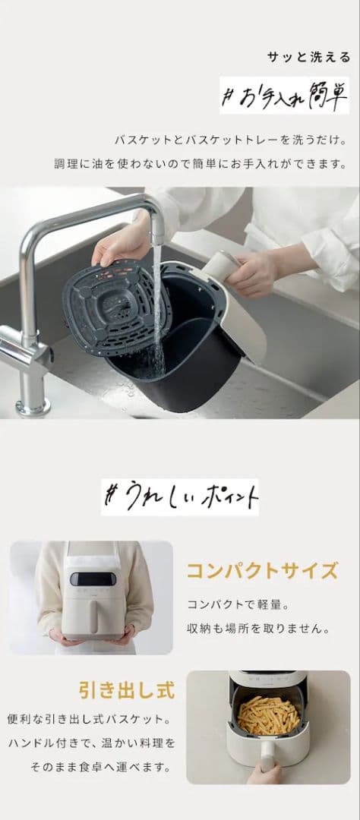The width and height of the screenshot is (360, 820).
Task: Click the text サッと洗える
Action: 308,58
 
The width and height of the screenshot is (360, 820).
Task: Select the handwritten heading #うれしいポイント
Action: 180,497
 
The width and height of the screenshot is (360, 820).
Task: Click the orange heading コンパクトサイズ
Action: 262,570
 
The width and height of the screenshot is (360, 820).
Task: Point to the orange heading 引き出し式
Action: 127,690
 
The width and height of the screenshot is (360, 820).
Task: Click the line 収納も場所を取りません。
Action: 258,628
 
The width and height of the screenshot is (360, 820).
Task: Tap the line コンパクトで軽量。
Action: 238,604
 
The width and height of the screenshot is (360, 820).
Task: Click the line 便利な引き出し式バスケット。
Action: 90,719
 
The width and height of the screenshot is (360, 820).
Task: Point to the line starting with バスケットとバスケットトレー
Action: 231,140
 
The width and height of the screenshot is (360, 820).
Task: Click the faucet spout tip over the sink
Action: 157,238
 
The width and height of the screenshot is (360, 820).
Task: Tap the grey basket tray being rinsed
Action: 117,307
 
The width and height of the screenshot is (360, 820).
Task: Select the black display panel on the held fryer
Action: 93,579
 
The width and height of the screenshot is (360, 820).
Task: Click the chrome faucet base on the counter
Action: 33,405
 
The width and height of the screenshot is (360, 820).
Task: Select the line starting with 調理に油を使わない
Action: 201,164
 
